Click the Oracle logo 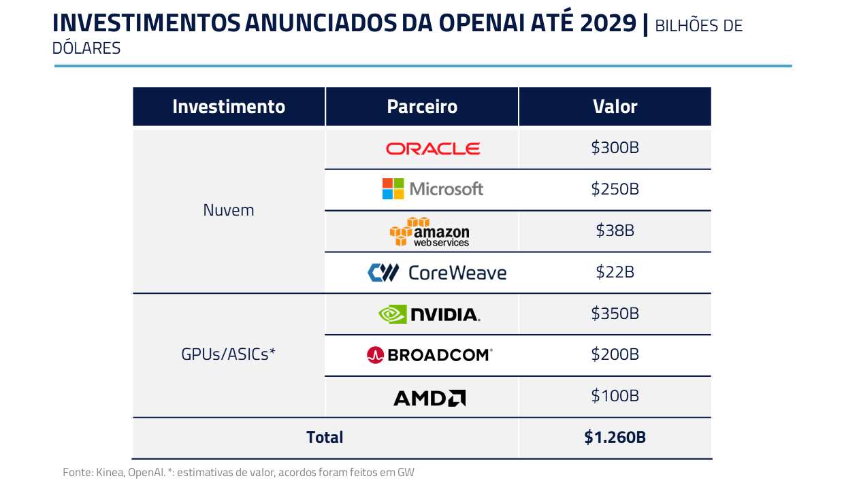tap(433, 148)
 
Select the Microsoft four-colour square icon tap(393, 188)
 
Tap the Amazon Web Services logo tap(429, 232)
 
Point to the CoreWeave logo tap(437, 273)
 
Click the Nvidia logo tap(429, 314)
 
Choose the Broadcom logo tap(429, 354)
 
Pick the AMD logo tap(429, 397)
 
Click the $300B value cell tap(615, 148)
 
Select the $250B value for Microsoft tap(615, 189)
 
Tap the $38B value tap(615, 231)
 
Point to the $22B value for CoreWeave tap(615, 272)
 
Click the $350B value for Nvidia tap(615, 314)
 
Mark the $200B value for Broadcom tap(615, 354)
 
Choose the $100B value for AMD tap(615, 396)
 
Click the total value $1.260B tap(615, 437)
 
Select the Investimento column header tap(229, 107)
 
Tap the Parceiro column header tap(422, 107)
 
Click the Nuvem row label tap(229, 210)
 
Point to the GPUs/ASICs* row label tap(228, 354)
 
